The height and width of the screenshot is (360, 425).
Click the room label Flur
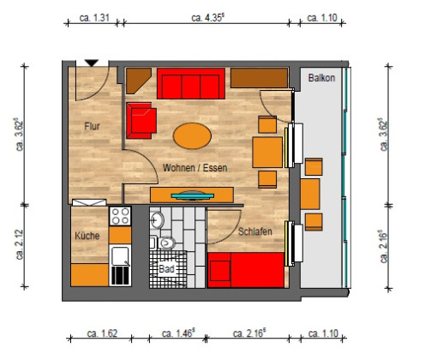(93, 126)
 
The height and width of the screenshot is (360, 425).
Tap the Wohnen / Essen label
(195, 168)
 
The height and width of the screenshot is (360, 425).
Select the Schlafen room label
(256, 232)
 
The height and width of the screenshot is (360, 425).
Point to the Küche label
(87, 235)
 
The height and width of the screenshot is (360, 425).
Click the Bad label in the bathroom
(166, 268)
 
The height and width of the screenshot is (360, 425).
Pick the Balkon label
(321, 78)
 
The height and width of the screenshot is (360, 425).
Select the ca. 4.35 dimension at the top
(208, 16)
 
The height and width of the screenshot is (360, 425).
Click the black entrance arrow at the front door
(92, 63)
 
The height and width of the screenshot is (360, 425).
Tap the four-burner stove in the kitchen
(119, 216)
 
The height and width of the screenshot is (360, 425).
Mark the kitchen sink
(120, 255)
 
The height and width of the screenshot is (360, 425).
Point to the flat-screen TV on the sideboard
(193, 195)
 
